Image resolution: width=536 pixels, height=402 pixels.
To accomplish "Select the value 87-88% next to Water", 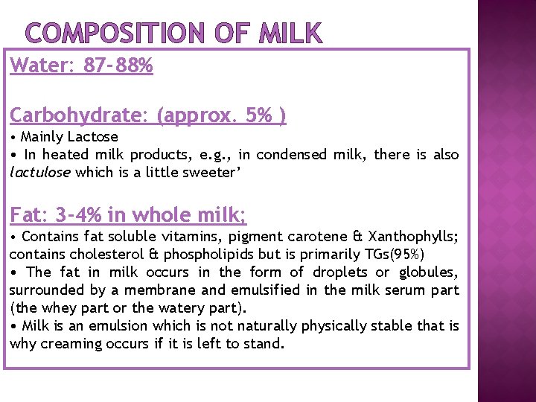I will click(118, 66).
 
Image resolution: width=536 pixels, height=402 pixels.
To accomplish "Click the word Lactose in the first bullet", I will click(93, 137).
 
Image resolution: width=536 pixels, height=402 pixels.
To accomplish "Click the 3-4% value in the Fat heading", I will click(78, 216).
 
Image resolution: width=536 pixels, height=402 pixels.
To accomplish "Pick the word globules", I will click(430, 272).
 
